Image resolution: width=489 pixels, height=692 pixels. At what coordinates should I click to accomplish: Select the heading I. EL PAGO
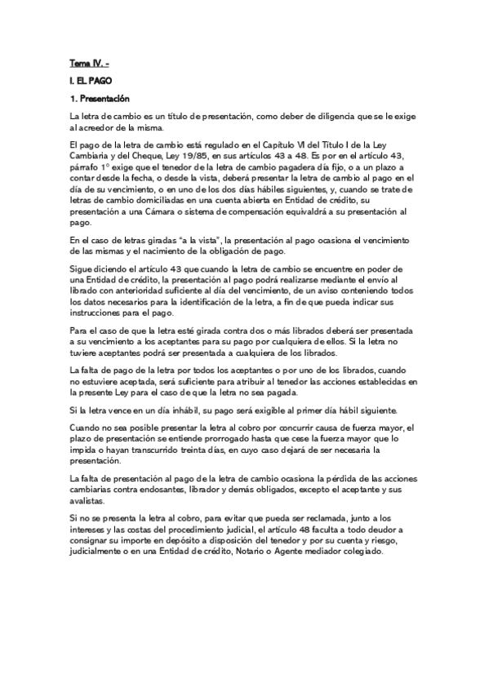click(x=91, y=81)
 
